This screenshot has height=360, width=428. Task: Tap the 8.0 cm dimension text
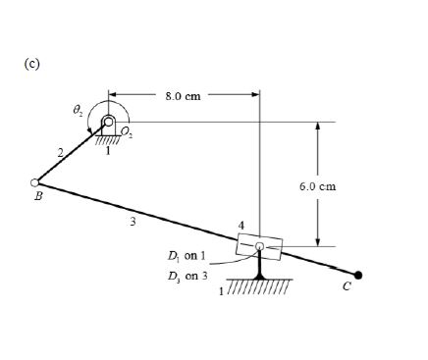click(x=184, y=96)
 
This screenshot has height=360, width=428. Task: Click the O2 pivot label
click(x=128, y=131)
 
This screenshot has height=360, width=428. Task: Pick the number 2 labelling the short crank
click(x=61, y=152)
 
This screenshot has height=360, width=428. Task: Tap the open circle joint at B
click(x=35, y=182)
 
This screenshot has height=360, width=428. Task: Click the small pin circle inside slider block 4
click(x=259, y=246)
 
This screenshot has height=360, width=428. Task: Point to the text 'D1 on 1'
click(x=187, y=257)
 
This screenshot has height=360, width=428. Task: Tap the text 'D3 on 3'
click(x=187, y=277)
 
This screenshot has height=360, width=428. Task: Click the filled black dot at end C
click(x=359, y=276)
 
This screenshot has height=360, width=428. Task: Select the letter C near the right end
click(x=345, y=290)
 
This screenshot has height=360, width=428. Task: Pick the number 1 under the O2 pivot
click(x=108, y=150)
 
